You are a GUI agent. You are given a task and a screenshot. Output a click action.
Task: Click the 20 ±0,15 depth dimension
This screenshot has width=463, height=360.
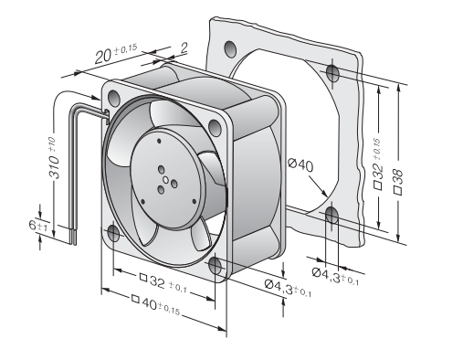click(116, 54)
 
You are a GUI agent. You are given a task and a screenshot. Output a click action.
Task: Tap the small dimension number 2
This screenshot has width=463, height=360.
click(184, 48)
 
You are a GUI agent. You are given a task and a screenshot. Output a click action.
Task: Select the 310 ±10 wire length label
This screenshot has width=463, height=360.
click(54, 158)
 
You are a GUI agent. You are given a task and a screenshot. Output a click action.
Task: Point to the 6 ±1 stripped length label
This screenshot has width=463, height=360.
click(38, 226)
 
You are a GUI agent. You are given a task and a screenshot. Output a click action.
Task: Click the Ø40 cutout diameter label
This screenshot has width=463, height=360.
click(300, 165)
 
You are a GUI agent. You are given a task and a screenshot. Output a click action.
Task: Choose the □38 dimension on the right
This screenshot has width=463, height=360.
click(398, 181)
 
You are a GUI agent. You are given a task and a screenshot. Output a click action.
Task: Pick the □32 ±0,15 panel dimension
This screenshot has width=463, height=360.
click(376, 164)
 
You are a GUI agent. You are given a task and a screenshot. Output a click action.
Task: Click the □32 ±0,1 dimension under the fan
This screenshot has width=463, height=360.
click(163, 283)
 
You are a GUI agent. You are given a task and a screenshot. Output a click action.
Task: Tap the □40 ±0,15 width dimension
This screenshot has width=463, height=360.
click(155, 304)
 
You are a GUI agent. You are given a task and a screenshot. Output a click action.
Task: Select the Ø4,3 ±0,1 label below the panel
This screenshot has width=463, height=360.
click(335, 276)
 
